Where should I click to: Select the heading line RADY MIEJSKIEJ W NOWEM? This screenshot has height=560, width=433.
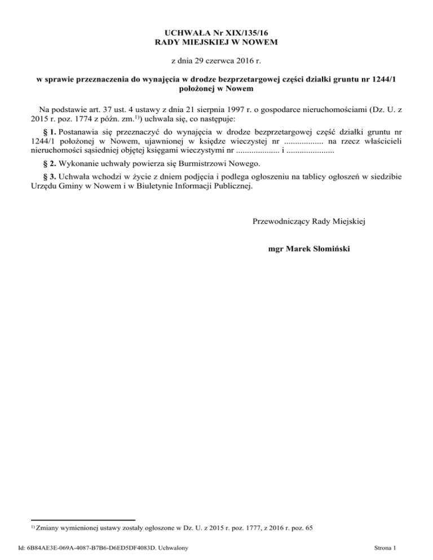click(x=216, y=42)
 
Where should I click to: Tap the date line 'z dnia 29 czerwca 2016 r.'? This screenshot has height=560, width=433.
click(x=216, y=60)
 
